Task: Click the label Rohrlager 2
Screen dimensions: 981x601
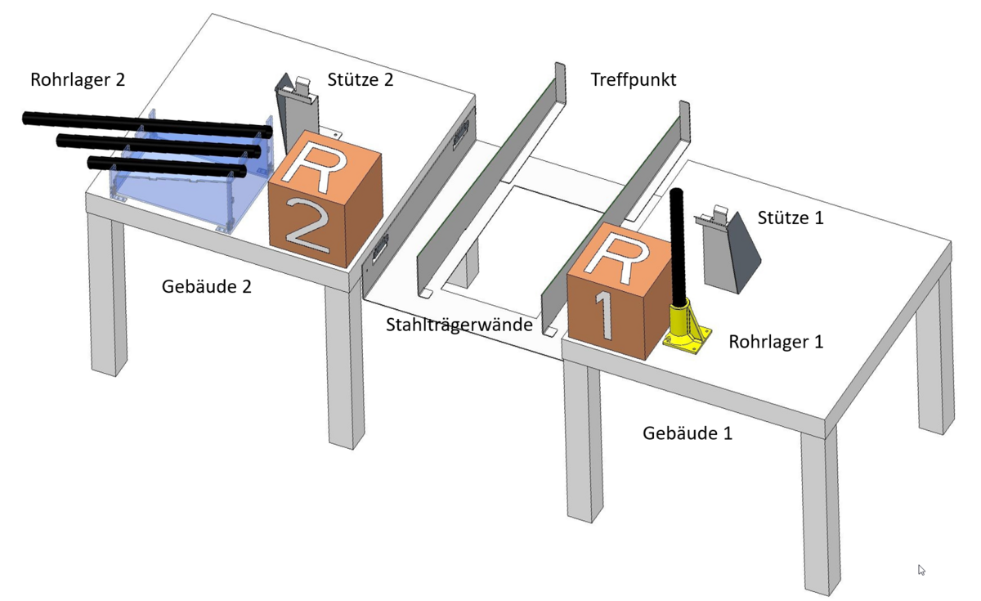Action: coord(78,80)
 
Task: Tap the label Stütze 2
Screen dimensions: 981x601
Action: coord(360,80)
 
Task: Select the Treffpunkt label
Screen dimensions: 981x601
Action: coord(634,80)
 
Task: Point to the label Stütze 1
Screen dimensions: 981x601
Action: coord(791,218)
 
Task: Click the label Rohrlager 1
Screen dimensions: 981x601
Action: coord(776,342)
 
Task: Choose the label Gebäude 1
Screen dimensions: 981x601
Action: coord(688,433)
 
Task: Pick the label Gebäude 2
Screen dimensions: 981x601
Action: coord(207,287)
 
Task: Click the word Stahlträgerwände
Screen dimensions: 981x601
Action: coord(459,325)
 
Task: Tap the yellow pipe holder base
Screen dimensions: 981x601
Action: coord(687,328)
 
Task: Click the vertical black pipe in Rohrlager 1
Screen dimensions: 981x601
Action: coord(678,248)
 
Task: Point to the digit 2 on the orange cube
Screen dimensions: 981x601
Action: coord(308,225)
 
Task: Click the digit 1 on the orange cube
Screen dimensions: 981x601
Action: coord(603,314)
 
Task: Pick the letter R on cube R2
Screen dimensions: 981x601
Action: coord(315,168)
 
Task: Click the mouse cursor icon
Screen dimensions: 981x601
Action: coord(921,569)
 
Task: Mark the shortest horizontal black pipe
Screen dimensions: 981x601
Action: coord(167,168)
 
